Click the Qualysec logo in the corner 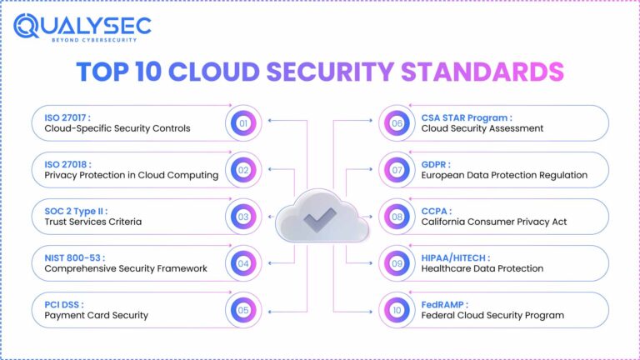point(82,28)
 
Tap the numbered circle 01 point(243,123)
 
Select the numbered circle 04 point(243,263)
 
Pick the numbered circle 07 point(396,170)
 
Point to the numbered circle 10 point(396,310)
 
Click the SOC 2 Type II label point(77,211)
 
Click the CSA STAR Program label point(467,117)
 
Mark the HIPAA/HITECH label point(456,257)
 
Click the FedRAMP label point(445,304)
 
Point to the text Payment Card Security point(96,316)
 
